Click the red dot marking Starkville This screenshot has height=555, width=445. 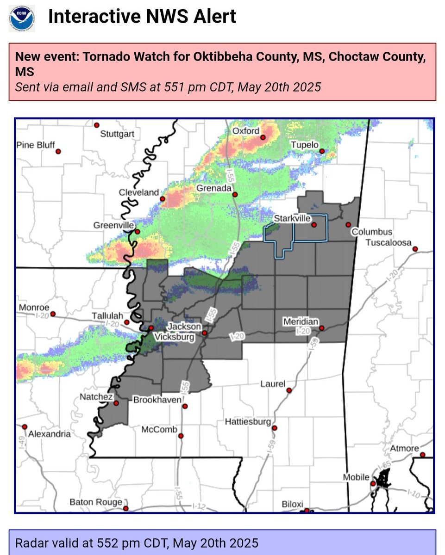click(x=313, y=225)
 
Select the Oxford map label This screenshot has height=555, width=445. click(x=246, y=131)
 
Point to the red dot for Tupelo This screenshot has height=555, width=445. click(x=321, y=151)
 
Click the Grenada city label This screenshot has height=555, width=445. click(x=213, y=188)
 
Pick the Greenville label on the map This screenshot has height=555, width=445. click(x=114, y=226)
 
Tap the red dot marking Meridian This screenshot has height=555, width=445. click(x=321, y=328)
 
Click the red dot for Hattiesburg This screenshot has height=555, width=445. click(x=274, y=428)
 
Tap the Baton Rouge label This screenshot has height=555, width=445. click(x=96, y=502)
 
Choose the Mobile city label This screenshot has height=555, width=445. click(x=356, y=477)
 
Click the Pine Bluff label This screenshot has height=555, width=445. click(x=36, y=145)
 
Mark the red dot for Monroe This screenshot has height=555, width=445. click(x=53, y=314)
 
